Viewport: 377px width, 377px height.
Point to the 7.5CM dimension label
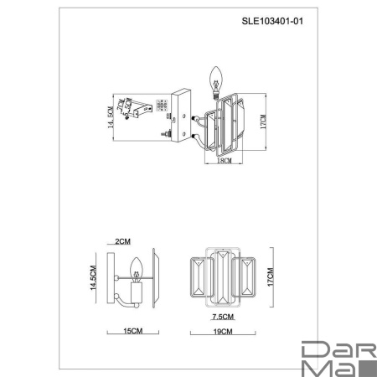223,318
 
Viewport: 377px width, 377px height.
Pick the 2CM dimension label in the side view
123,240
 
